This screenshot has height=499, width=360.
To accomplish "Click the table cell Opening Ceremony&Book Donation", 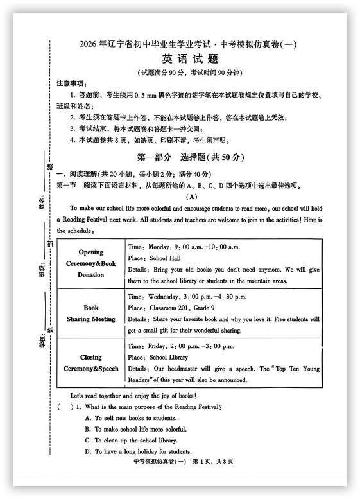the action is tap(91, 263).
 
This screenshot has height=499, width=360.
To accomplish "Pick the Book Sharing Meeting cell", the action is tap(91, 313).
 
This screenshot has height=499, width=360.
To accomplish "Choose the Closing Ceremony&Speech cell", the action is tap(91, 363).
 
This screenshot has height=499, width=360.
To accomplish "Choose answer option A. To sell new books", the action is tap(135, 418).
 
